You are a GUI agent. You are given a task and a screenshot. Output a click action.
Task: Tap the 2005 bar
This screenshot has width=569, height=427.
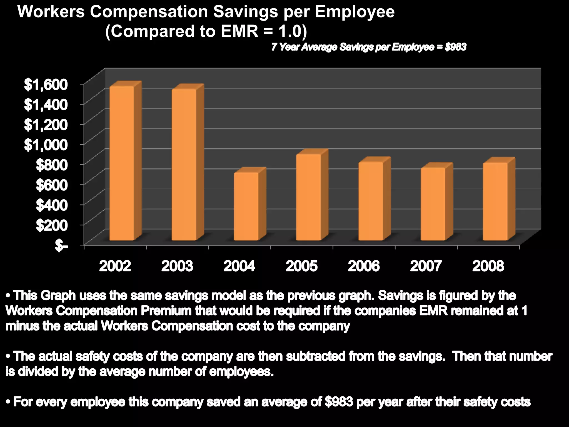(309, 197)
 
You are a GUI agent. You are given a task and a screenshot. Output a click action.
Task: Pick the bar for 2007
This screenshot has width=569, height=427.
(433, 204)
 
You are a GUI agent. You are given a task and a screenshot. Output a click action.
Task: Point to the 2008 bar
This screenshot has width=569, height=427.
(495, 202)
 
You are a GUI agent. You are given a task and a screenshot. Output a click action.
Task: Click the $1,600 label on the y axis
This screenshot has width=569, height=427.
(46, 85)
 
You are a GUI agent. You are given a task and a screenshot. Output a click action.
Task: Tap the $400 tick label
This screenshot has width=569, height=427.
(52, 205)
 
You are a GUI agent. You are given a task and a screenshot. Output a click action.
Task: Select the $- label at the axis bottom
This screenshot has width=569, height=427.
(61, 246)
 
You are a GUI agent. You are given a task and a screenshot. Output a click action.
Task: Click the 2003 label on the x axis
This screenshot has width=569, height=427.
(177, 266)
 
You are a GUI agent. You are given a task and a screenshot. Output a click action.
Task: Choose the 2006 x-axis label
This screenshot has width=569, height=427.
(364, 266)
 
